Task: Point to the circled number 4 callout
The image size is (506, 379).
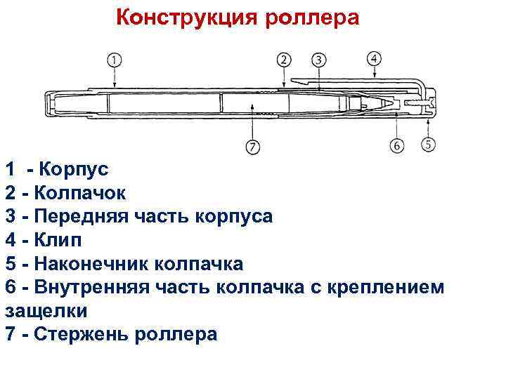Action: (375, 58)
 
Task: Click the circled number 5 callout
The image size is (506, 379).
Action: (428, 145)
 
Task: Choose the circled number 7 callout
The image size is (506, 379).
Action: (252, 147)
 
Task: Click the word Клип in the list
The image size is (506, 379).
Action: (61, 240)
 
